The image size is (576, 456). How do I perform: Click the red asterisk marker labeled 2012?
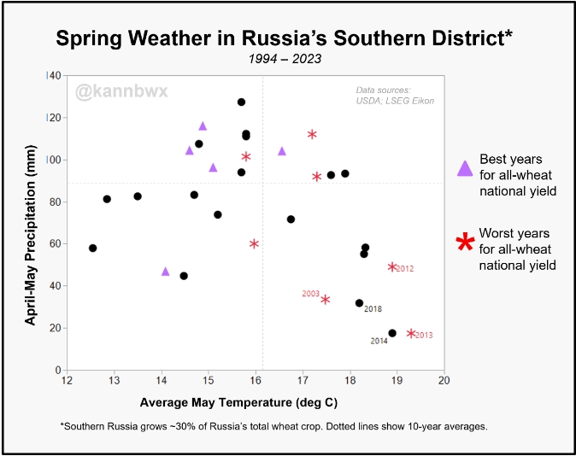tap(392, 267)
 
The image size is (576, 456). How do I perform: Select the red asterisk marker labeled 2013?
tap(411, 334)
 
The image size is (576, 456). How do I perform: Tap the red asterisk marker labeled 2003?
tap(326, 299)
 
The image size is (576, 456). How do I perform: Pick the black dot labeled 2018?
tap(359, 303)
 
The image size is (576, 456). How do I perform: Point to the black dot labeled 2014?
tap(392, 333)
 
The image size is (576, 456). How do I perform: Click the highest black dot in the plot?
tap(241, 102)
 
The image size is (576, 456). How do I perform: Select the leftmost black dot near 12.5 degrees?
tap(93, 248)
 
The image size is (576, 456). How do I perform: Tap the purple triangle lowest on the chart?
tap(165, 272)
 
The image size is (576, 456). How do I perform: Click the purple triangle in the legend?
tap(465, 168)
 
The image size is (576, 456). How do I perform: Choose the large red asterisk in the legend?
tap(465, 243)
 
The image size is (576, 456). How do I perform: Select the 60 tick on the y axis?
tap(53, 243)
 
